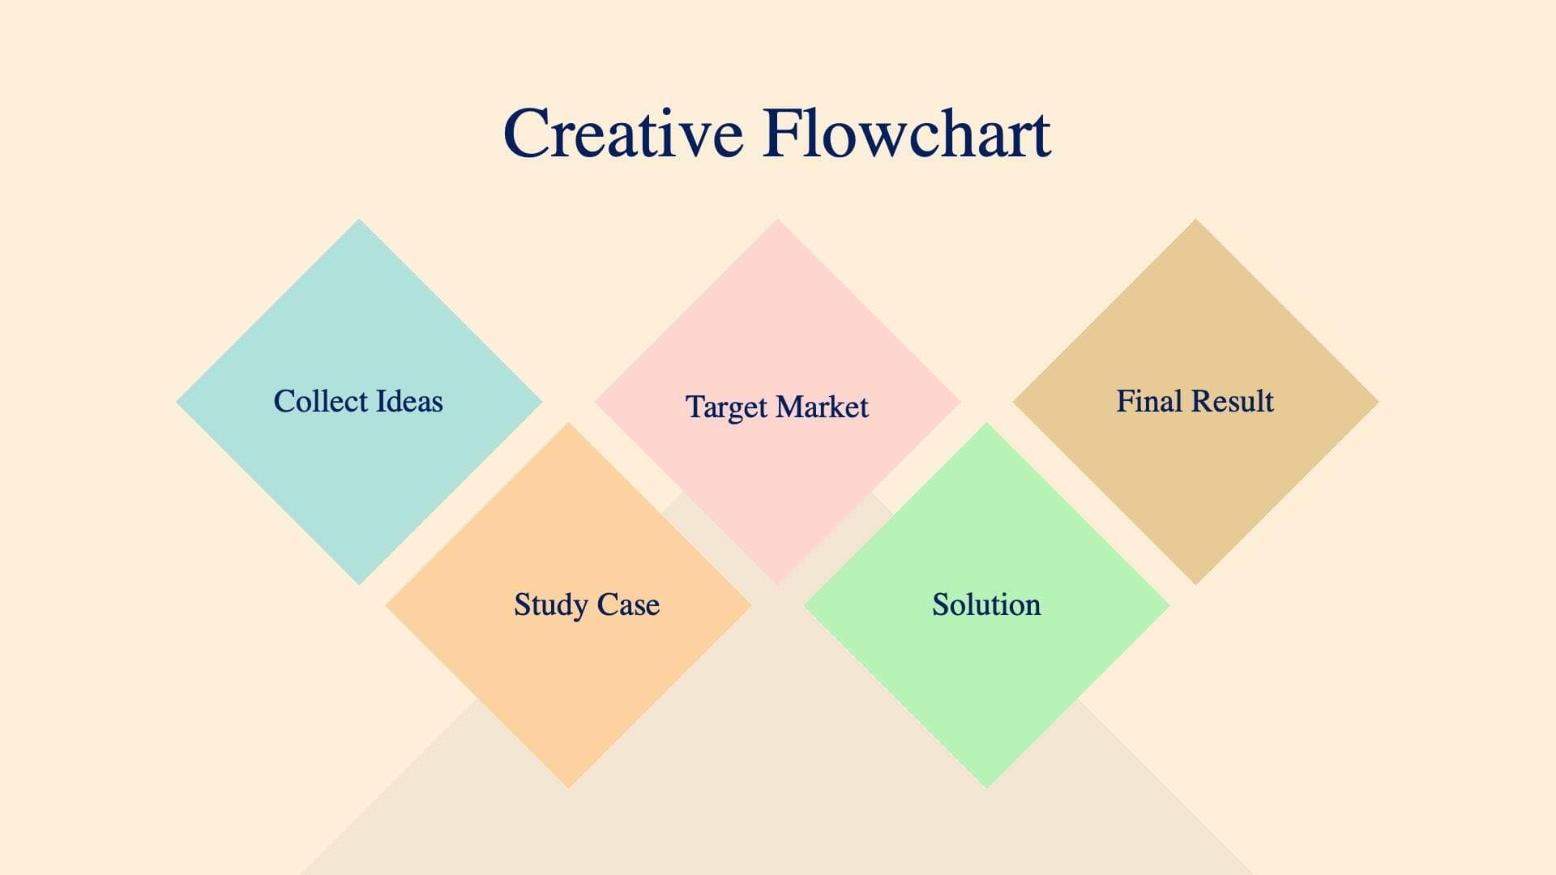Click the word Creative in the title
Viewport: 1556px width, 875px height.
click(x=622, y=134)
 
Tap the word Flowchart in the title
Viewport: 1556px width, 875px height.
click(x=906, y=134)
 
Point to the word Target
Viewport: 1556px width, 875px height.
click(x=726, y=408)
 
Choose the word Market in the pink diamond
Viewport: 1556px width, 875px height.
click(x=822, y=407)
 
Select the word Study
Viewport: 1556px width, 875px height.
click(x=550, y=605)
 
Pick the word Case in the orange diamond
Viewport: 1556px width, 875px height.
click(x=628, y=604)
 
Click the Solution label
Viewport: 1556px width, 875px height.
click(x=986, y=604)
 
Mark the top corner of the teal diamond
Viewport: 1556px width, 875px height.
click(x=359, y=221)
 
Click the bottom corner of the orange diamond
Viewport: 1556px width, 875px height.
click(x=568, y=785)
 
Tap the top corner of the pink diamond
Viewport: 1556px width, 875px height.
click(x=777, y=221)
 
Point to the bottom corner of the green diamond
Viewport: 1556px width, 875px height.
click(x=986, y=785)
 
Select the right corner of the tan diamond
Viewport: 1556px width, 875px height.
click(x=1376, y=401)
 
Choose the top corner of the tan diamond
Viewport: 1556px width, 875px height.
click(x=1195, y=221)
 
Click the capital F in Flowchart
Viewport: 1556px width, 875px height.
click(x=784, y=134)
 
